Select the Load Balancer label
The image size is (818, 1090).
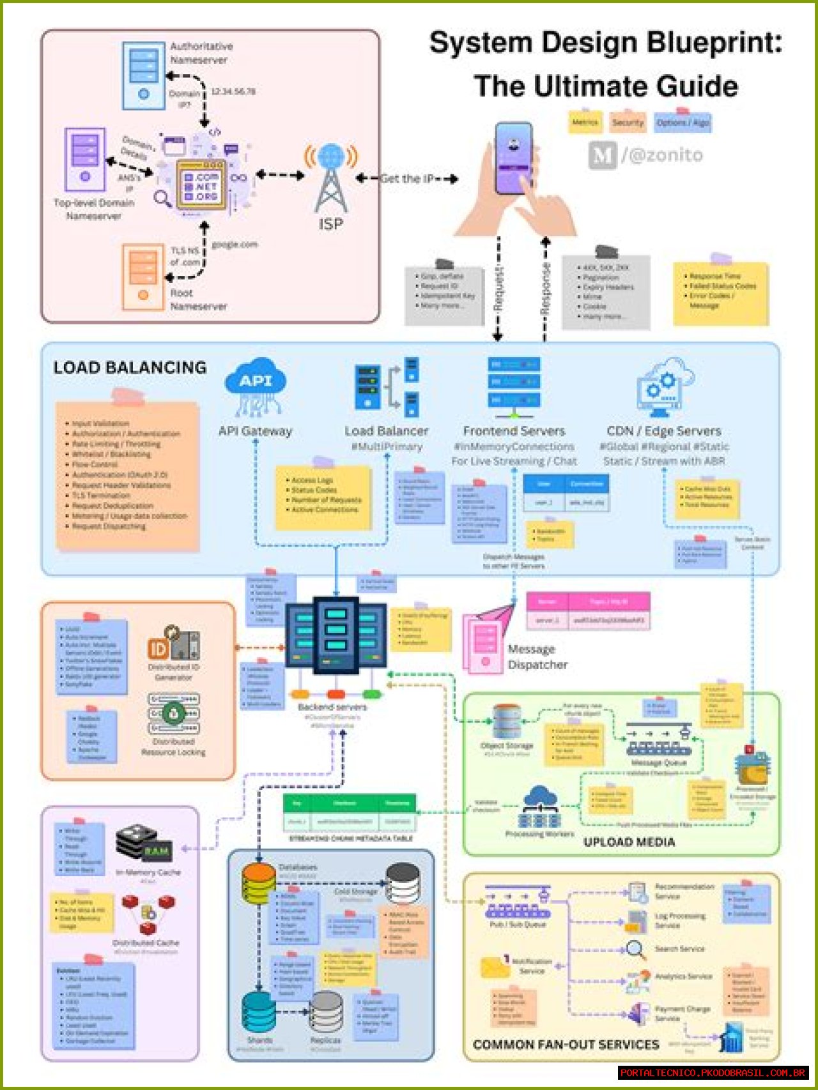tap(386, 431)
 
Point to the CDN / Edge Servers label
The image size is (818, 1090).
tap(663, 431)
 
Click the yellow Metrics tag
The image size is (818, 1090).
tap(585, 121)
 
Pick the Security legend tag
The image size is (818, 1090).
tap(628, 122)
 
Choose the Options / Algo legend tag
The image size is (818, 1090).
tap(683, 122)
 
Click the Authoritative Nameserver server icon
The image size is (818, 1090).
tap(144, 74)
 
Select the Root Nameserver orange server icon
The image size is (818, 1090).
tap(143, 276)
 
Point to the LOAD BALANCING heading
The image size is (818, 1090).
tap(130, 368)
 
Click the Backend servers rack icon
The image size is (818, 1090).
tap(335, 635)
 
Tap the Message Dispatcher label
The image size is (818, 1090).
tap(537, 657)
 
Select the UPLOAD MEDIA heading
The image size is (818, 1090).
tap(629, 842)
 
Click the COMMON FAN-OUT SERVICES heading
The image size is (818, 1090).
tap(566, 1045)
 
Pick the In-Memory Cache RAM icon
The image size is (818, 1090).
tap(145, 844)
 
